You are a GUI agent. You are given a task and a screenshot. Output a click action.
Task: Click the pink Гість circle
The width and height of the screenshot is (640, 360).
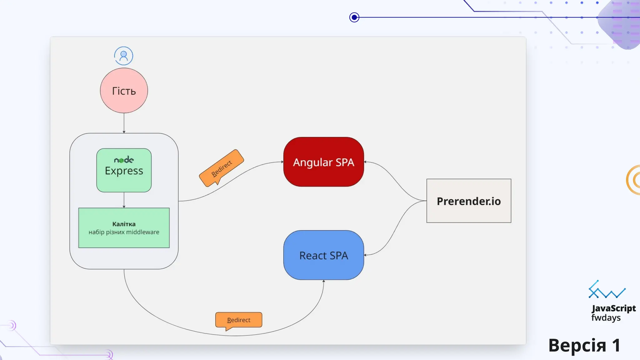click(x=124, y=91)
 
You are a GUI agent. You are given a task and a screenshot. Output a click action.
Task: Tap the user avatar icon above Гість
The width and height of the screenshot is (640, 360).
click(x=123, y=56)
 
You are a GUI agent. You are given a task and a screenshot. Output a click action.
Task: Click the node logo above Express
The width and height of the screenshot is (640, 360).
click(x=124, y=160)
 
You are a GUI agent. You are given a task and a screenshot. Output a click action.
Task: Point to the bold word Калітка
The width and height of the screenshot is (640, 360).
click(x=124, y=224)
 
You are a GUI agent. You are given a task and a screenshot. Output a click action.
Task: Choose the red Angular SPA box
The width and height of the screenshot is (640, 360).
click(x=323, y=162)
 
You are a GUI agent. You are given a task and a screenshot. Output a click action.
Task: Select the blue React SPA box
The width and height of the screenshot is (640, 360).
click(x=323, y=255)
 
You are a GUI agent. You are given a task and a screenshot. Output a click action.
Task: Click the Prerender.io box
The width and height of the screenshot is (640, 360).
click(x=468, y=201)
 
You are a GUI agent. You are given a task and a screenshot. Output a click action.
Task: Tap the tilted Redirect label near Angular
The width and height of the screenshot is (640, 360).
click(x=222, y=168)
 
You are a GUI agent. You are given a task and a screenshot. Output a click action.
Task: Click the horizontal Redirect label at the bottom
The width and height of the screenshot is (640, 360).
click(x=238, y=320)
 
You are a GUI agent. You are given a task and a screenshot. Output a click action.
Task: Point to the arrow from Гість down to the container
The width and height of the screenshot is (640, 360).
click(x=124, y=123)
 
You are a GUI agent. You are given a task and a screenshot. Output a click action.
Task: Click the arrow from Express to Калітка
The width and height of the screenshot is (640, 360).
click(x=124, y=200)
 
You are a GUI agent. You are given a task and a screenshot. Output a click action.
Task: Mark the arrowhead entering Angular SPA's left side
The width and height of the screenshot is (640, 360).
click(x=282, y=162)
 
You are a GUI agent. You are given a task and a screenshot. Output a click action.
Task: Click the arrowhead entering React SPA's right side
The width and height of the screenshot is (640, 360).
click(x=365, y=255)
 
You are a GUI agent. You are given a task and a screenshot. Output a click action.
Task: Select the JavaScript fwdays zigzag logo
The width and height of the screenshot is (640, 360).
click(x=607, y=290)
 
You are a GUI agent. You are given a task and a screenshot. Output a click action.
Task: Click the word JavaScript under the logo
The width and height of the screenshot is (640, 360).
click(x=613, y=308)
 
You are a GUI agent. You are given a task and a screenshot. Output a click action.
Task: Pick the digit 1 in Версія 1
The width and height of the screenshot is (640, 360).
click(x=616, y=346)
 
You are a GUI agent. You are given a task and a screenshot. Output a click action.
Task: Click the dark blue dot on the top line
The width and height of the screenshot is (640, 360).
click(x=354, y=17)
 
